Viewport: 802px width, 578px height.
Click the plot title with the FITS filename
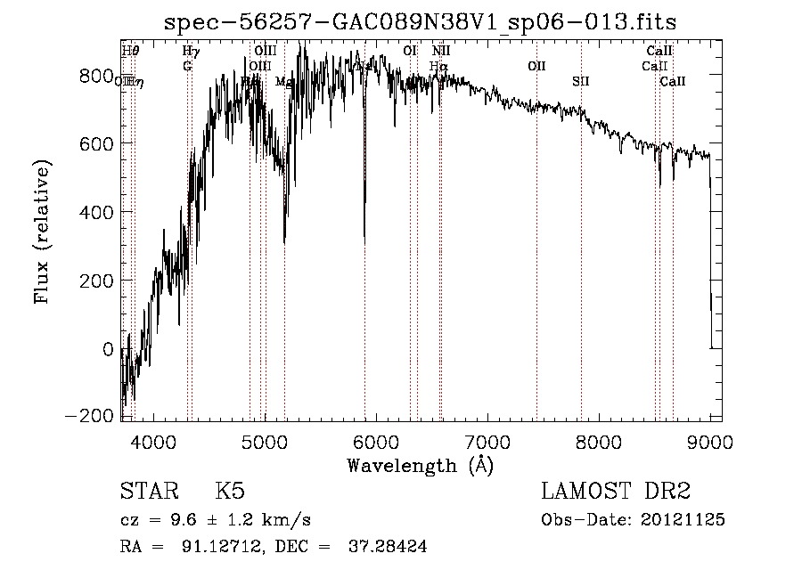(426, 22)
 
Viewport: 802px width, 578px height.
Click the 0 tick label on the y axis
(107, 349)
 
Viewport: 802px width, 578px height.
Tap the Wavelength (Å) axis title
(420, 464)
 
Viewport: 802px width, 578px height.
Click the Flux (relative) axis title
(42, 233)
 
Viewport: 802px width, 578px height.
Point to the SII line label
(581, 82)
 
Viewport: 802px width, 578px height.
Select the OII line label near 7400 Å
(536, 66)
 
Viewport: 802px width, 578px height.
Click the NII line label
(441, 51)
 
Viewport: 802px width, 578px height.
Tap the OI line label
(410, 51)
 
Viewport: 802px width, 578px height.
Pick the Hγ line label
(191, 51)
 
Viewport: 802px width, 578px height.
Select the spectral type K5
(230, 492)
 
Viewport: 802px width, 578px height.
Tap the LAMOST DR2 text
(616, 492)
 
